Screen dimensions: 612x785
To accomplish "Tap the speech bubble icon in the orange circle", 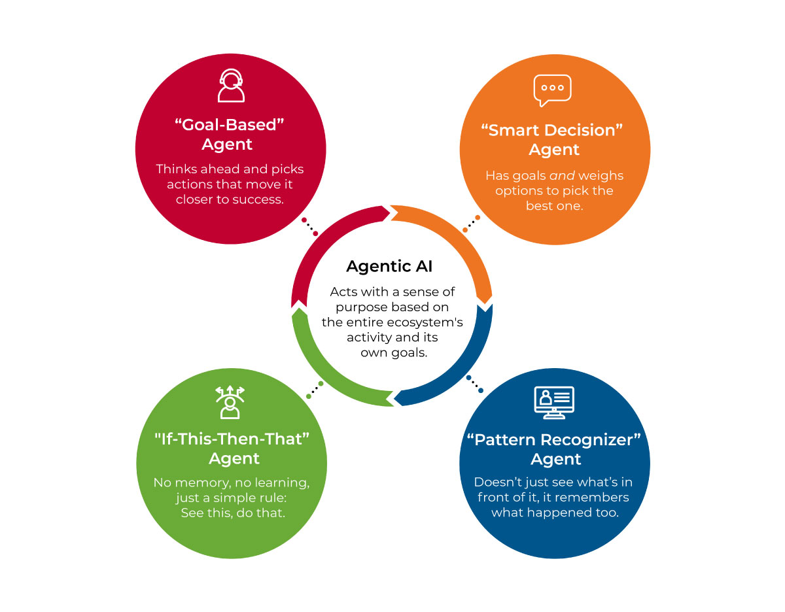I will click(x=552, y=90).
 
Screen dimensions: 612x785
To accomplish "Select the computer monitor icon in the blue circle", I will click(x=553, y=401).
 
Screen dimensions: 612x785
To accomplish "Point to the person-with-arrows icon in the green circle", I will click(x=230, y=401).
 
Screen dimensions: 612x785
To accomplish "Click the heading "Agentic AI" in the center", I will click(x=389, y=267).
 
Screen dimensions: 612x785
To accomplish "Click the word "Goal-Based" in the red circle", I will click(x=226, y=124).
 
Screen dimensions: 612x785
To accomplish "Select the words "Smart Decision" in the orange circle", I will click(x=553, y=130).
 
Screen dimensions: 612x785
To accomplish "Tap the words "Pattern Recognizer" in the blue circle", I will click(x=555, y=439).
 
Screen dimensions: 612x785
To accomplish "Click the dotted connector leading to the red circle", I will click(x=309, y=227).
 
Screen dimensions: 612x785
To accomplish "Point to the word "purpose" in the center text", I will click(x=360, y=307).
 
